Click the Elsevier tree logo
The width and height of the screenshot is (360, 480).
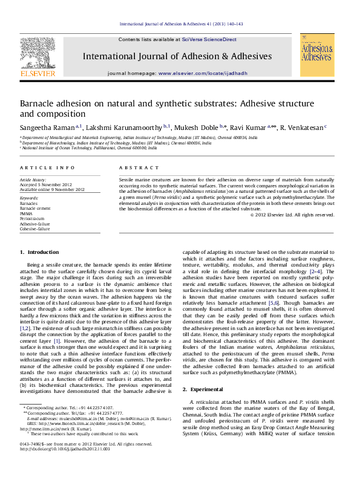[38, 54]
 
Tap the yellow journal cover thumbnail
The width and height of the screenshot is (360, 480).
[317, 55]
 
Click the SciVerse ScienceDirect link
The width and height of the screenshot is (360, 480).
[209, 39]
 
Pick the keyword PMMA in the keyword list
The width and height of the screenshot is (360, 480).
[27, 213]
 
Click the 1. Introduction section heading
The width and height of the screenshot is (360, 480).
[39, 268]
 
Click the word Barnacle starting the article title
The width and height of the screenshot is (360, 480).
[41, 103]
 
